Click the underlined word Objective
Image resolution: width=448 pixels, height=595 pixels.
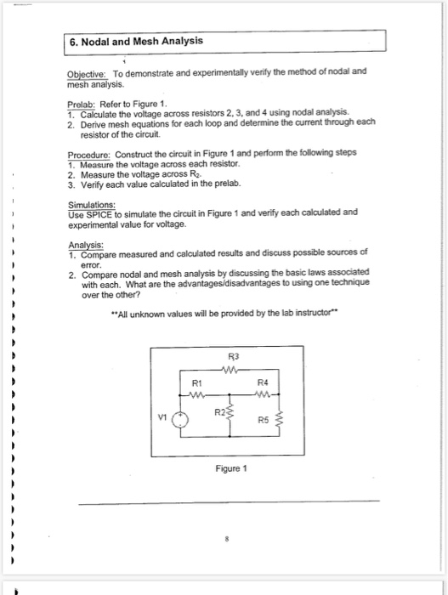88,72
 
